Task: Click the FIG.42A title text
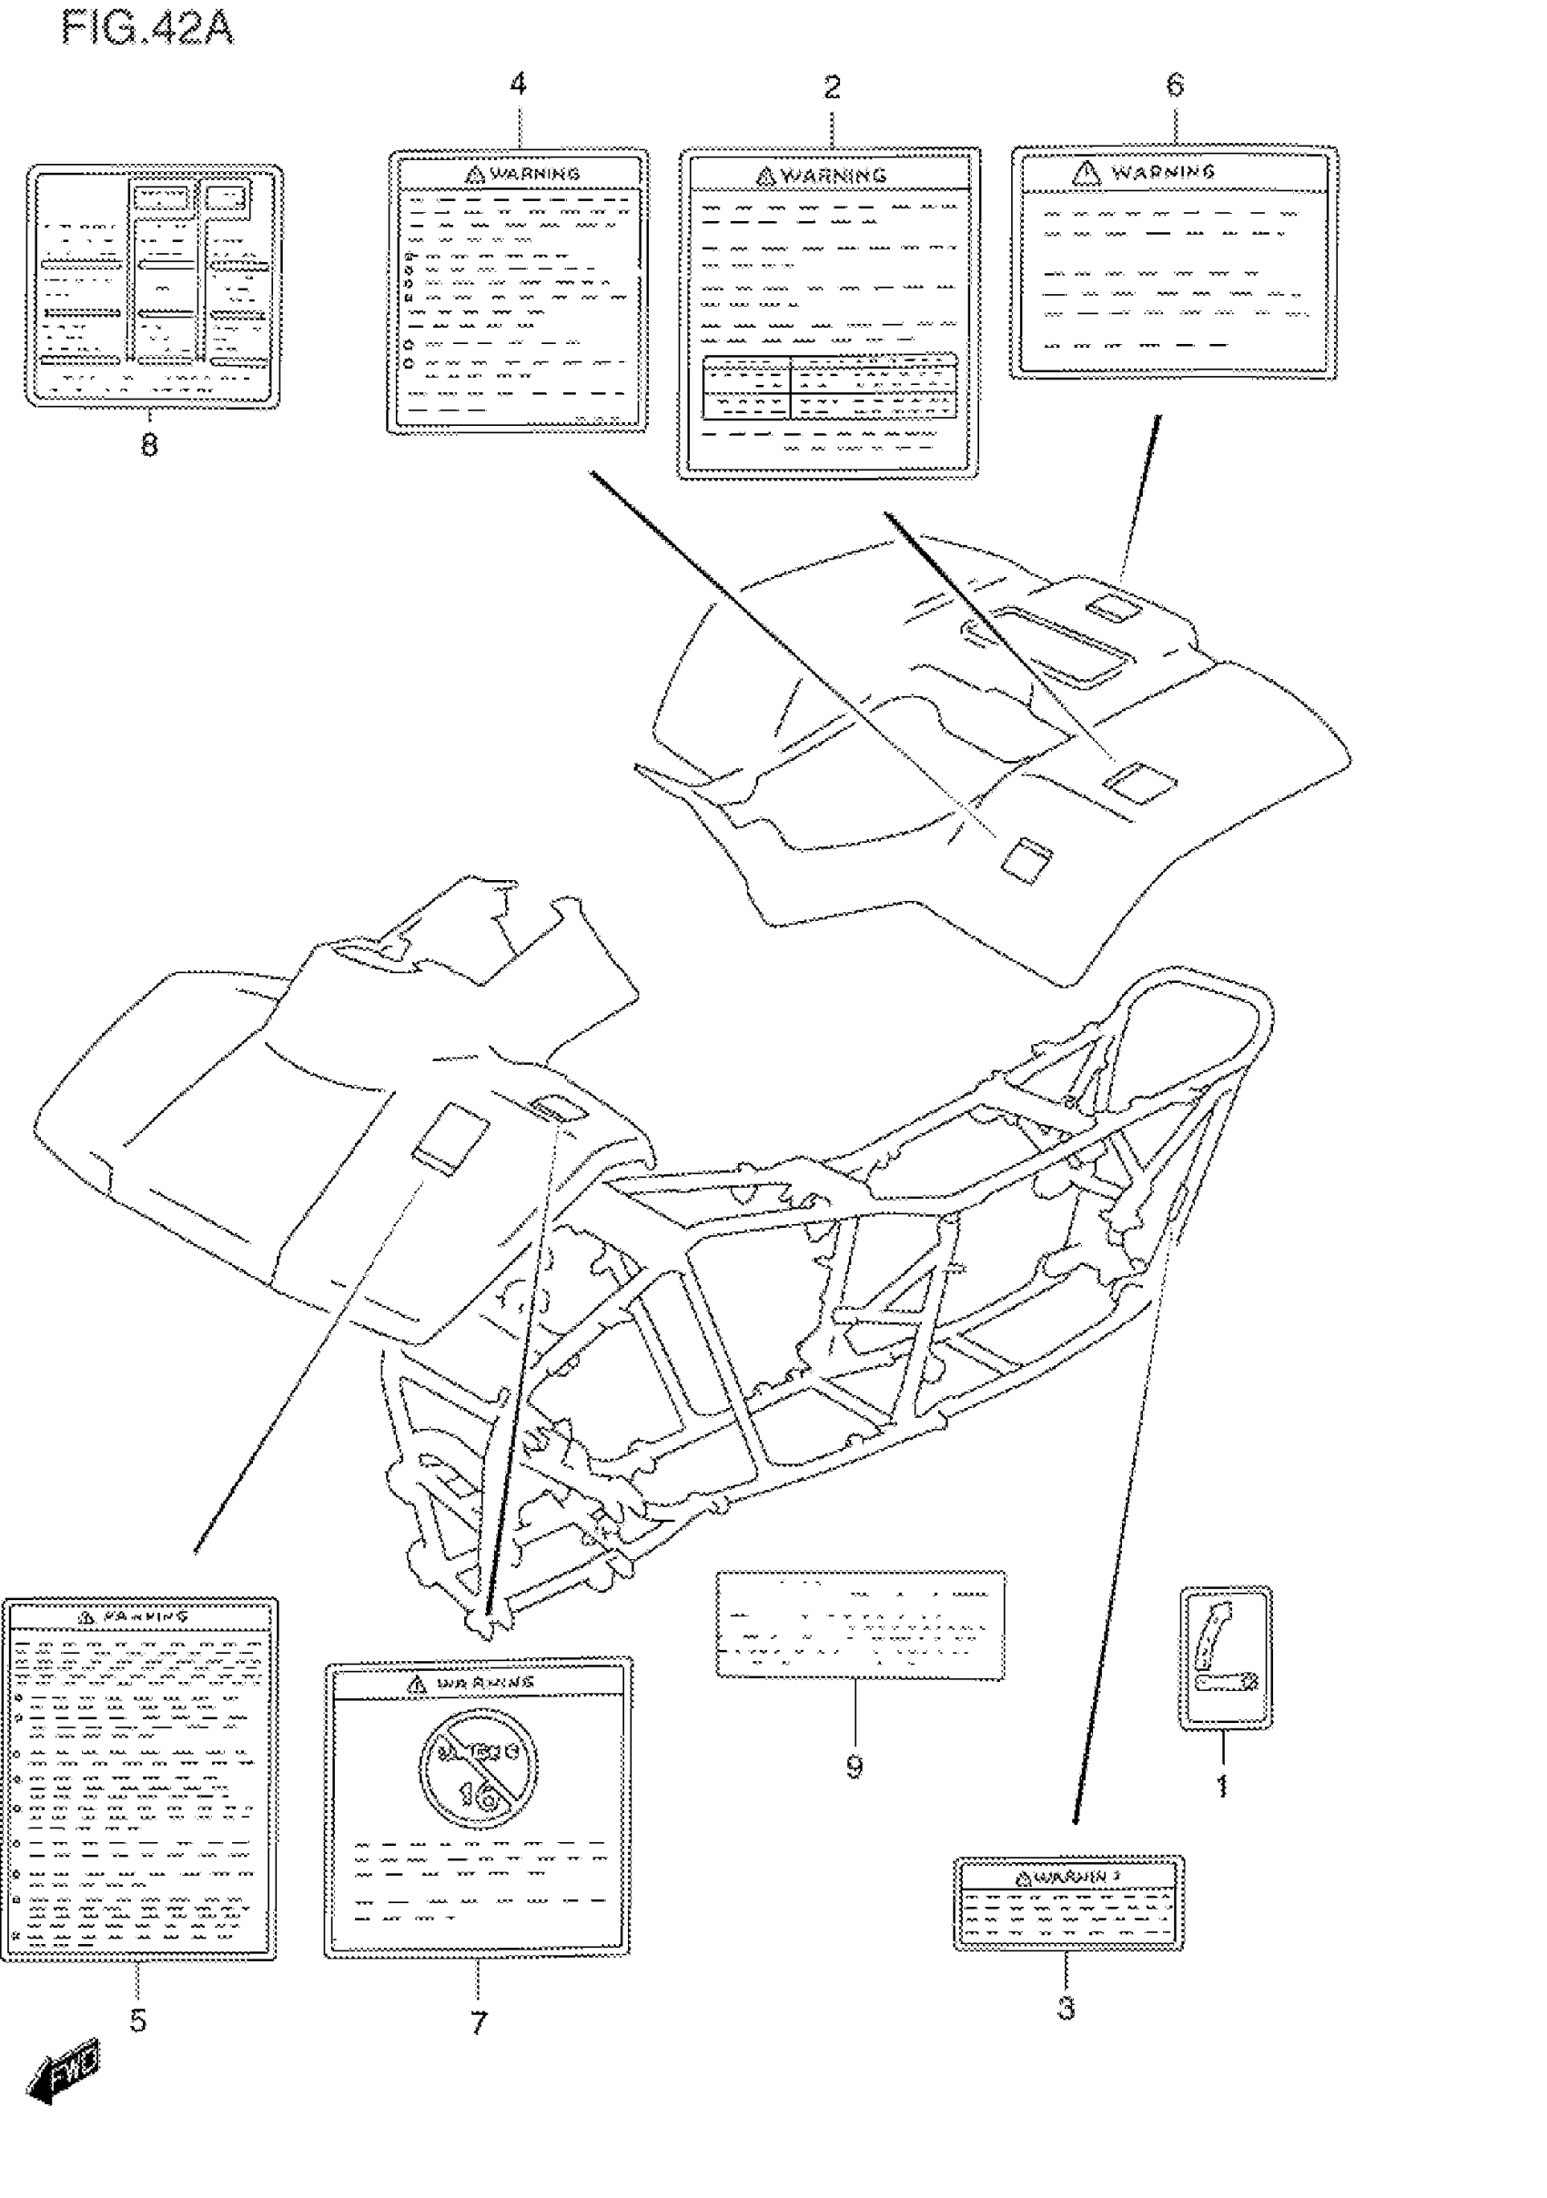pyautogui.click(x=147, y=28)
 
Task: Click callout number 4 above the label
pyautogui.click(x=518, y=85)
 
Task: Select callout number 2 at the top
pyautogui.click(x=832, y=88)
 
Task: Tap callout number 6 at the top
pyautogui.click(x=1175, y=86)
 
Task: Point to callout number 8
pyautogui.click(x=149, y=444)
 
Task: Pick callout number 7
pyautogui.click(x=479, y=2023)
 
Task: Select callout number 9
pyautogui.click(x=854, y=1768)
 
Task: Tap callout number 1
pyautogui.click(x=1221, y=1786)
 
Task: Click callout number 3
pyautogui.click(x=1067, y=2009)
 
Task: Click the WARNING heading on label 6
pyautogui.click(x=1162, y=172)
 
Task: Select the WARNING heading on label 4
pyautogui.click(x=534, y=174)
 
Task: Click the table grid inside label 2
pyautogui.click(x=829, y=387)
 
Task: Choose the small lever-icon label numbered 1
pyautogui.click(x=1226, y=1657)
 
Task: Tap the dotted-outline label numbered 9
pyautogui.click(x=860, y=1625)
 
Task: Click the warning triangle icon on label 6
pyautogui.click(x=1086, y=172)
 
